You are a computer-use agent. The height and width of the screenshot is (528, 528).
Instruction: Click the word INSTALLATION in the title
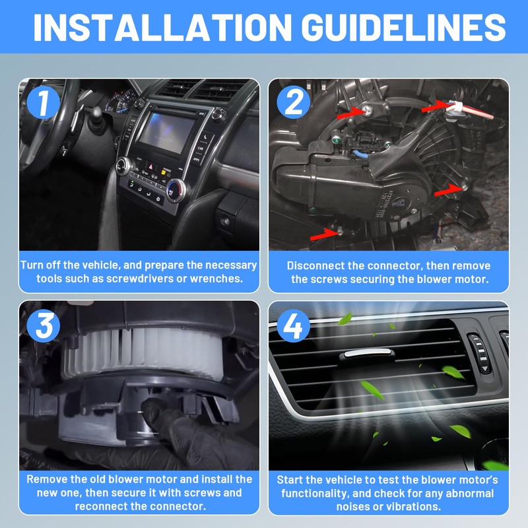pyautogui.click(x=162, y=27)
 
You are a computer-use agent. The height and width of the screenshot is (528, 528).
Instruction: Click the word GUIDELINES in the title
pyautogui.click(x=404, y=27)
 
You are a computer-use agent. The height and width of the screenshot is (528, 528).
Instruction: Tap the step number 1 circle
pyautogui.click(x=43, y=102)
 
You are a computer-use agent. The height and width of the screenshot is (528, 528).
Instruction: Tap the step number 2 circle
pyautogui.click(x=294, y=102)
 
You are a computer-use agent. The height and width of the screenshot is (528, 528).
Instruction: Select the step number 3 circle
pyautogui.click(x=43, y=325)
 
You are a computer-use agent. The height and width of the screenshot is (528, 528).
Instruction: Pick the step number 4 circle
pyautogui.click(x=294, y=325)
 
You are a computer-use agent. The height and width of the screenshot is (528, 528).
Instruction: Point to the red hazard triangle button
pyautogui.click(x=150, y=166)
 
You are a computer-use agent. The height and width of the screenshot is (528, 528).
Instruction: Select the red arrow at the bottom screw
pyautogui.click(x=324, y=234)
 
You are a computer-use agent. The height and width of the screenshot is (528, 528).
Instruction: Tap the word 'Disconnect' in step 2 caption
pyautogui.click(x=317, y=266)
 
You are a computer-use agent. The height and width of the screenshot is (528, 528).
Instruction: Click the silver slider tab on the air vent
pyautogui.click(x=369, y=353)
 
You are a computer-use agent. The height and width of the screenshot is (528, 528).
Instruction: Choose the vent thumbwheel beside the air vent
pyautogui.click(x=480, y=354)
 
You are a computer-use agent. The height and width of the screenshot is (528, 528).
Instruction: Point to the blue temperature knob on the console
pyautogui.click(x=176, y=191)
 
